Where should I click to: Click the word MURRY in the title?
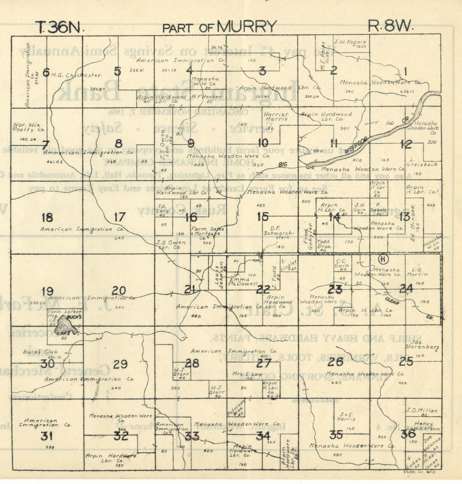pyautogui.click(x=247, y=27)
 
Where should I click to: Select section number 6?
pyautogui.click(x=46, y=72)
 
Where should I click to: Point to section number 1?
pyautogui.click(x=405, y=71)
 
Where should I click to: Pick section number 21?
pyautogui.click(x=190, y=290)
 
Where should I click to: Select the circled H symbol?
pyautogui.click(x=384, y=259)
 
